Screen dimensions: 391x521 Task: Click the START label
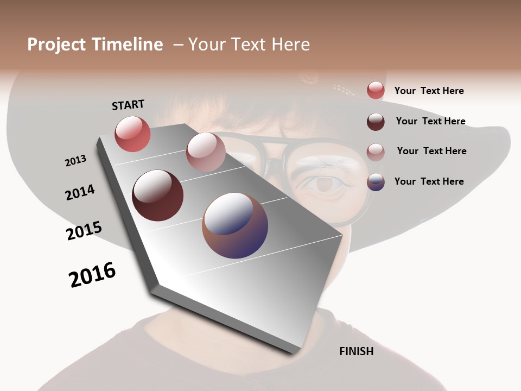tap(128, 105)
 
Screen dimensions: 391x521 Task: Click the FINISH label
tap(356, 351)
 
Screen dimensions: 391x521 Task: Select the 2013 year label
tap(75, 161)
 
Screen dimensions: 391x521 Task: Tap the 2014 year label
tap(80, 193)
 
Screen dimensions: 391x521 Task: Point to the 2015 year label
tap(84, 231)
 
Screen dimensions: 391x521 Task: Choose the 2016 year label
tap(92, 275)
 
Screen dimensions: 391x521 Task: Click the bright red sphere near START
tap(132, 134)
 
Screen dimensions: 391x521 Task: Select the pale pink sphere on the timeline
tap(206, 152)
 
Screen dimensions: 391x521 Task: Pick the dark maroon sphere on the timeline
tap(157, 195)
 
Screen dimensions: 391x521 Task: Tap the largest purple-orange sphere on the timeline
tap(235, 225)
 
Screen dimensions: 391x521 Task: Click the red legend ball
tap(376, 91)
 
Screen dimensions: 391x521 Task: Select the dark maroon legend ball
tap(376, 122)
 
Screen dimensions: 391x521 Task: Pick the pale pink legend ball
tap(376, 152)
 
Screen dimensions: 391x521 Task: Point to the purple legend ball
tap(376, 182)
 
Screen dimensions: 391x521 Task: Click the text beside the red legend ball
tap(429, 91)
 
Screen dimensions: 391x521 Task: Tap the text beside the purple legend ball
tap(429, 181)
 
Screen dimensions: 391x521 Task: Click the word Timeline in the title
tap(127, 45)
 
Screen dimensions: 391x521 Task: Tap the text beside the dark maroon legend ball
tap(430, 121)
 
